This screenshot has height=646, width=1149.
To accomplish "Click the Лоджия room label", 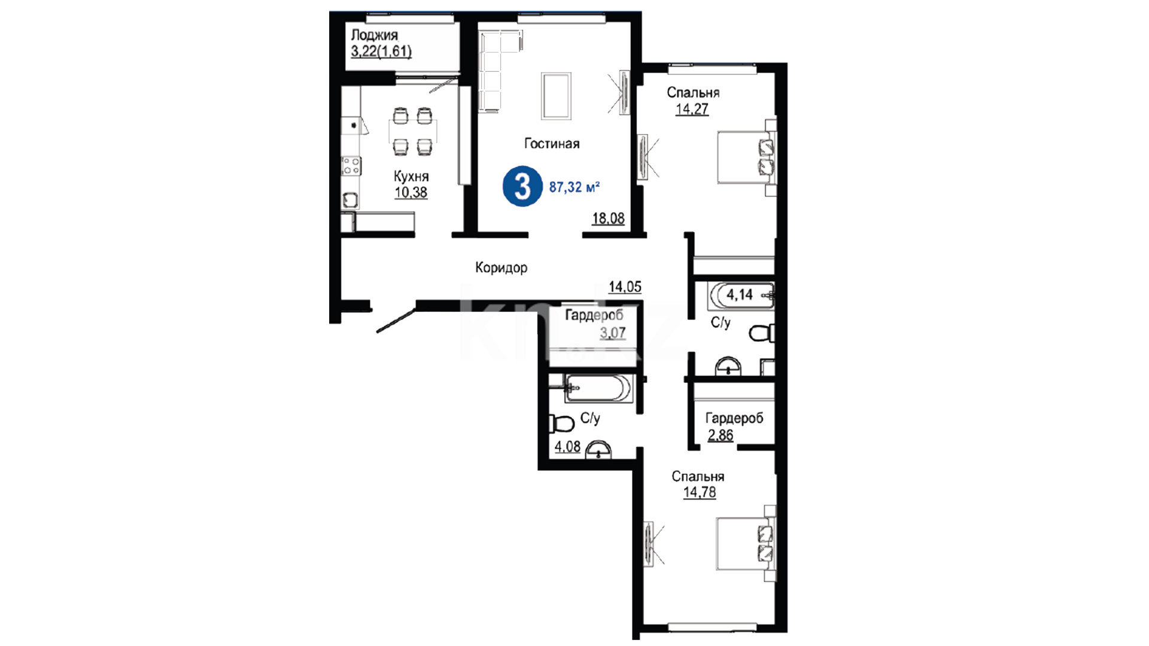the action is (x=374, y=36).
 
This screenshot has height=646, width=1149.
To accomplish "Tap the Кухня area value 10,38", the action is (x=411, y=192).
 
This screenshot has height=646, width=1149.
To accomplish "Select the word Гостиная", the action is (x=552, y=144).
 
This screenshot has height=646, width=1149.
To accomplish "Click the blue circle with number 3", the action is (x=522, y=186).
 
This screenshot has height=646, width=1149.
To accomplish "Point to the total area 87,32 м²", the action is (x=574, y=187).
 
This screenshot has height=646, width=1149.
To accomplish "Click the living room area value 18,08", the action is (x=608, y=218).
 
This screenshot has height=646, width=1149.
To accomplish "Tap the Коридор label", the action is (x=501, y=267).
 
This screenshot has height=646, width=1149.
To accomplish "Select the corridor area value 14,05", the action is (x=625, y=287).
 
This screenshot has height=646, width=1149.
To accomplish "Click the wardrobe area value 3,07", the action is (x=613, y=333).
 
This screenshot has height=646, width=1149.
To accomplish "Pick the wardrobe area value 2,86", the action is (x=720, y=435).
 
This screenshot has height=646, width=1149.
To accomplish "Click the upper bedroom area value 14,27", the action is (x=692, y=109).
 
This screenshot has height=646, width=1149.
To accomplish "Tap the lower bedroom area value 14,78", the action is (x=699, y=492).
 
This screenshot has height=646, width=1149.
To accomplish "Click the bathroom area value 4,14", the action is (x=739, y=294).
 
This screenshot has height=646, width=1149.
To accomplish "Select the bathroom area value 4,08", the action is (x=567, y=446).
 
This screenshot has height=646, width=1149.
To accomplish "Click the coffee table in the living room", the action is (x=556, y=96).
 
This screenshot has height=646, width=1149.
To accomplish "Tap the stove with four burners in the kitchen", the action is (x=351, y=166).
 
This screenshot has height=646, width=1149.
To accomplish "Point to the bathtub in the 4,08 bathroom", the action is (x=597, y=388).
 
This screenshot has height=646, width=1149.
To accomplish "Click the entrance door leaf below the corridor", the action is (x=396, y=319).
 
